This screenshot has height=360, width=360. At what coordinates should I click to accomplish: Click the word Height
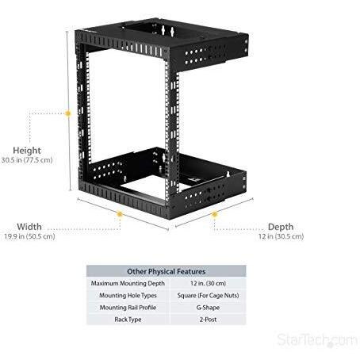[x=27, y=151]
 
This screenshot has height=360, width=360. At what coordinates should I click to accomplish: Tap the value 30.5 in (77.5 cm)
[x=27, y=160]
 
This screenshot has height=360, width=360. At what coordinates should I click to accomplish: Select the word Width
[x=29, y=227]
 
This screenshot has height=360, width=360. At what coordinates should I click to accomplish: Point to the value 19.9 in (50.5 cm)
[x=29, y=236]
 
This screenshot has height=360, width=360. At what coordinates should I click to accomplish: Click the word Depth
[x=281, y=227]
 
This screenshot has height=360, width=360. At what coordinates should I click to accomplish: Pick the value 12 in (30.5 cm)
[x=281, y=236]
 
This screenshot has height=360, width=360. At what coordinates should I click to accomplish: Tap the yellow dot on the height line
[x=68, y=113]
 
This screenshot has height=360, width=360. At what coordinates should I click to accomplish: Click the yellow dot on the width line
[x=120, y=214]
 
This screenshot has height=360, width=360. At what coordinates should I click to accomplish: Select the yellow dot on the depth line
[x=215, y=214]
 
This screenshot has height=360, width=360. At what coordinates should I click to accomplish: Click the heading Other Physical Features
[x=167, y=271]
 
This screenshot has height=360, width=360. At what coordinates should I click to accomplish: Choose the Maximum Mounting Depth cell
[x=128, y=283]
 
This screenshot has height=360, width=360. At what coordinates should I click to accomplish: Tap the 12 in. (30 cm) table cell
[x=208, y=283]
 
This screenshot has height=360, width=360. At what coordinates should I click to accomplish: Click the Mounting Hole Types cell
[x=128, y=296]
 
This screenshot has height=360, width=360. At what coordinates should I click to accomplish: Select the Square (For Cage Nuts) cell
[x=208, y=296]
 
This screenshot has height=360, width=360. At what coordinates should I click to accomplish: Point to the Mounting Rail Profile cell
[x=128, y=308]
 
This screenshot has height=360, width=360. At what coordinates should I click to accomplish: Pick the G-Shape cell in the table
[x=208, y=308]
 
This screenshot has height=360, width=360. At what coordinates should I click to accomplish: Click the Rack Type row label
[x=128, y=320]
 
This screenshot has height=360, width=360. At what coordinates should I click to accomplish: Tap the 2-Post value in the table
[x=208, y=320]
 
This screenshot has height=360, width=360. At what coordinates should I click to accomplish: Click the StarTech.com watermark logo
[x=317, y=339]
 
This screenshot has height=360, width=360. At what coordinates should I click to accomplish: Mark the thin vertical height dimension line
[x=69, y=110]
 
